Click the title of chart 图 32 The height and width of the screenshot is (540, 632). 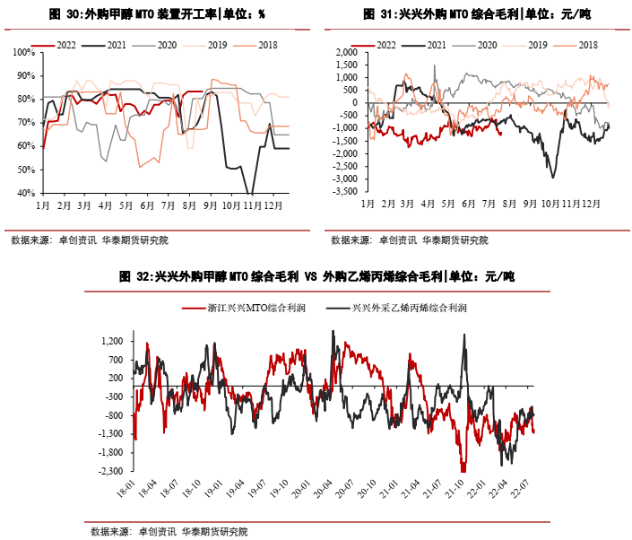[x=316, y=278]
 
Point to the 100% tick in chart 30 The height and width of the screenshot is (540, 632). [x=23, y=52]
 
